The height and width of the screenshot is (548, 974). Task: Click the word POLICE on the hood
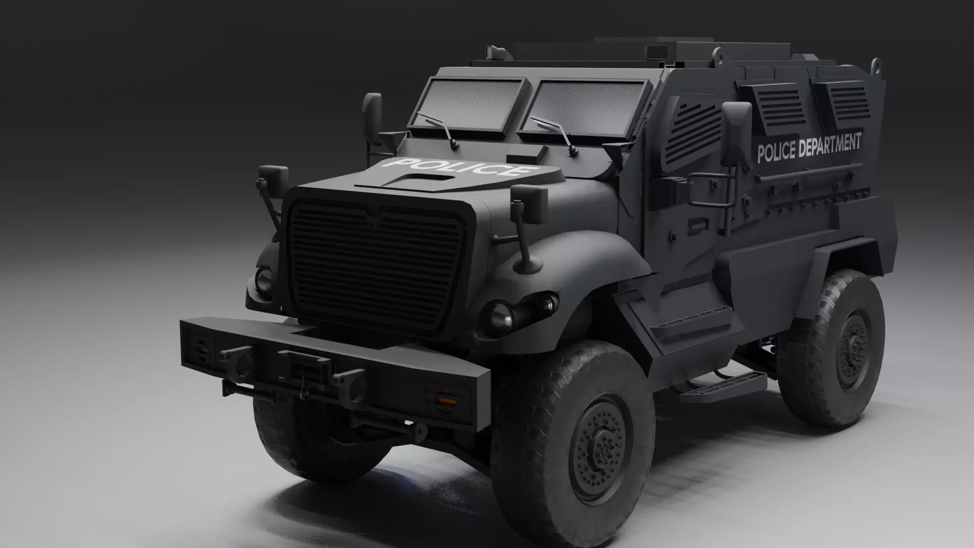pos(459,166)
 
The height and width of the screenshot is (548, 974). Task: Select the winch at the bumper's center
pos(305,364)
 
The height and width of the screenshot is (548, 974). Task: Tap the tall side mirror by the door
pos(736,133)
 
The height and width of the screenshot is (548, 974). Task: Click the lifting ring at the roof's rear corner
pos(876,65)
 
